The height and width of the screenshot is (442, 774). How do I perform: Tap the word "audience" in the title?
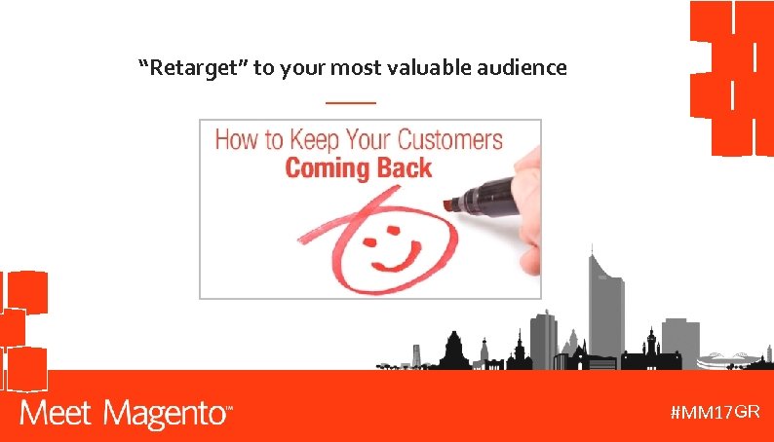point(526,68)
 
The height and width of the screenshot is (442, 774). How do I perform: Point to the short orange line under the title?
point(350,102)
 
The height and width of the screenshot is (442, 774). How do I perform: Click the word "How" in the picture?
point(235,140)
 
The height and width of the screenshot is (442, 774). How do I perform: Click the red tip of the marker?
point(449,204)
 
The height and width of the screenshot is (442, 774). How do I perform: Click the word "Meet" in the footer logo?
point(57,415)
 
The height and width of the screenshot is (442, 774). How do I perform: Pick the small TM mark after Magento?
point(230,409)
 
